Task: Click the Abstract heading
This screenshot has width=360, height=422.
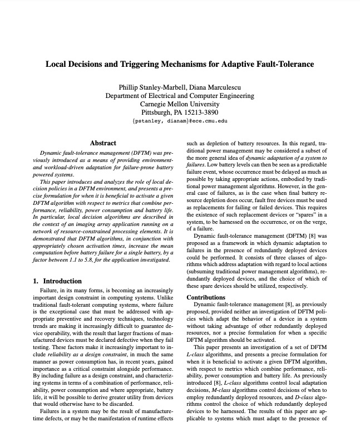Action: click(x=102, y=143)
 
